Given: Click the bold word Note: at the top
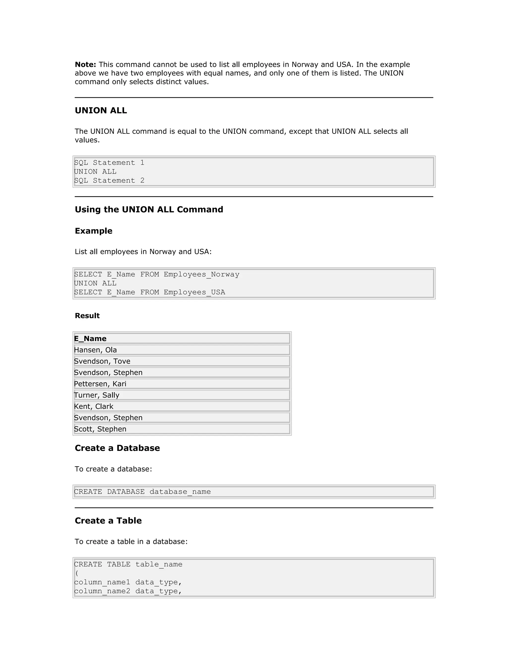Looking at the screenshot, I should pyautogui.click(x=85, y=65).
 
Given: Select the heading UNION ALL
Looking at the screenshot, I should pyautogui.click(x=101, y=110).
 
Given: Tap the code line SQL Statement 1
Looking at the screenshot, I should pyautogui.click(x=109, y=163).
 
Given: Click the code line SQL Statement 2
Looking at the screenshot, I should pyautogui.click(x=109, y=181).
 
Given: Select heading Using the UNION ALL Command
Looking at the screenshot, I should pyautogui.click(x=149, y=209).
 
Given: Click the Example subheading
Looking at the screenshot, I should pyautogui.click(x=93, y=231).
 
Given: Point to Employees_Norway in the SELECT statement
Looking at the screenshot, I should pyautogui.click(x=201, y=274).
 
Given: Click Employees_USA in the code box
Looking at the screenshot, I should pyautogui.click(x=194, y=292).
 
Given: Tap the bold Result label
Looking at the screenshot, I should pyautogui.click(x=87, y=316).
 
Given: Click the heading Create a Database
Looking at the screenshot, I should pyautogui.click(x=117, y=448).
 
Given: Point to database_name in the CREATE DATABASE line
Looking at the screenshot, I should pyautogui.click(x=180, y=492).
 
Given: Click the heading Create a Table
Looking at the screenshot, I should pyautogui.click(x=108, y=521).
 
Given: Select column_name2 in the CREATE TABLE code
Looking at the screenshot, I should pyautogui.click(x=102, y=591).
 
